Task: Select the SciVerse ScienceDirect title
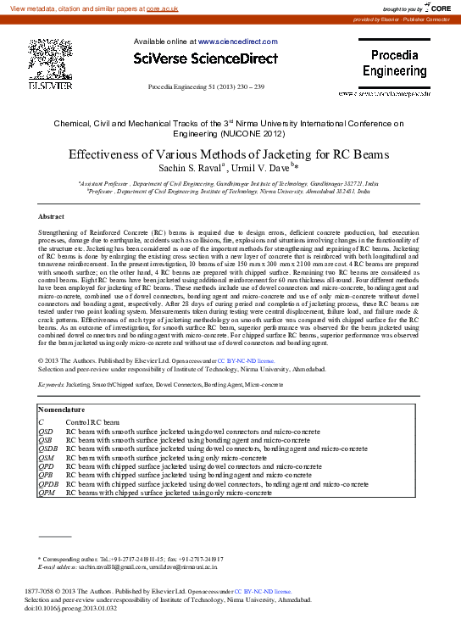coord(206,59)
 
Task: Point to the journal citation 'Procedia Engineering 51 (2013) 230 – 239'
coord(206,87)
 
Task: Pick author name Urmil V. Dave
coord(260,168)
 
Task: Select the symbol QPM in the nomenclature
coord(47,493)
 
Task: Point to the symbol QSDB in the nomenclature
coord(48,449)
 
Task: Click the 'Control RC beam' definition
coord(92,421)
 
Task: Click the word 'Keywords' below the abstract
coord(51,384)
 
